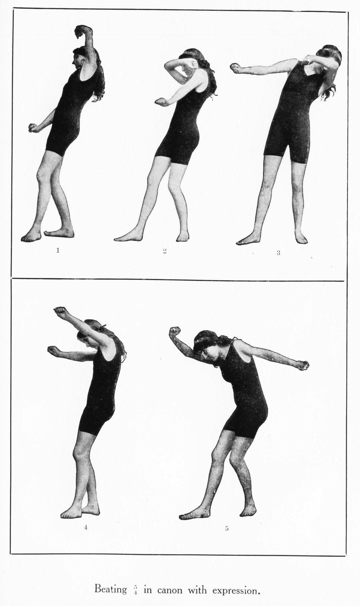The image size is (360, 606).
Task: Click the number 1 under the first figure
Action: coord(57,250)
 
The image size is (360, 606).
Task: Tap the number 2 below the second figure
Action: coord(164,251)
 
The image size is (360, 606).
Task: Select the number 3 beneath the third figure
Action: coord(278,253)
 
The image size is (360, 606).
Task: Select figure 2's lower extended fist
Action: coord(160,101)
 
